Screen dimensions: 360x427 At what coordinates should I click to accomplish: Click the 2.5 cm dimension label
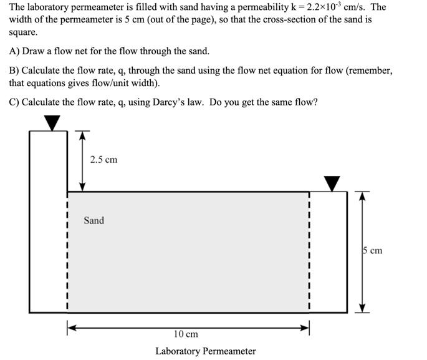click(103, 160)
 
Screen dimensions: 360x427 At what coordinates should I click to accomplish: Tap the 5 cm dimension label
click(372, 251)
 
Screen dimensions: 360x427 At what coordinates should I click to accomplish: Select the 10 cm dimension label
click(186, 334)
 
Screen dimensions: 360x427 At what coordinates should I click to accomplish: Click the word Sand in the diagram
click(94, 220)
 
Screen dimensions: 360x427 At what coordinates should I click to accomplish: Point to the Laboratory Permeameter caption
click(205, 351)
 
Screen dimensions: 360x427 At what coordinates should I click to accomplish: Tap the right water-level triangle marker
click(332, 183)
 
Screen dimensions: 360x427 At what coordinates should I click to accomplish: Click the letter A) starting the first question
click(14, 51)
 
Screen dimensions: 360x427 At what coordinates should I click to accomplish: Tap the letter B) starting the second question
click(14, 71)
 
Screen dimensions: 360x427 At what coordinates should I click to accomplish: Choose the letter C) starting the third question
click(14, 102)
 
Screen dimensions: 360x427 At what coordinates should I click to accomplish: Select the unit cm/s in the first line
click(366, 7)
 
